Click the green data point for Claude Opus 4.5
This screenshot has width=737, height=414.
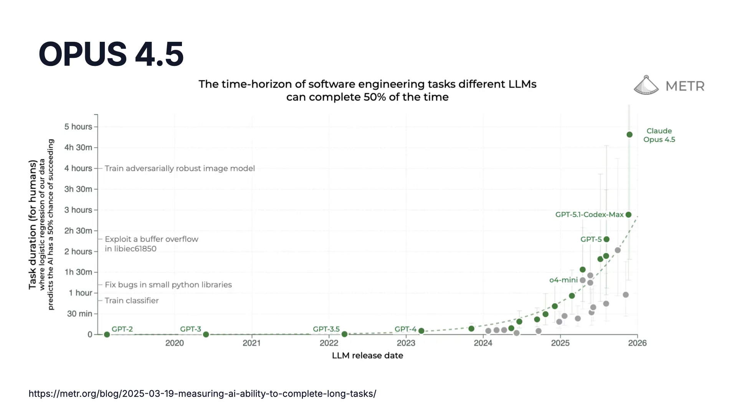pyautogui.click(x=630, y=135)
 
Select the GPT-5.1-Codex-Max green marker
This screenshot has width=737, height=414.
pyautogui.click(x=628, y=215)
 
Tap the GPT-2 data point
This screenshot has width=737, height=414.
pyautogui.click(x=107, y=335)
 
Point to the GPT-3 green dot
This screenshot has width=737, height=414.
pyautogui.click(x=206, y=335)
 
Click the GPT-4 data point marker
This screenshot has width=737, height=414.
pyautogui.click(x=421, y=331)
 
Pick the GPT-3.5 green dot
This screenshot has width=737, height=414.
pyautogui.click(x=344, y=334)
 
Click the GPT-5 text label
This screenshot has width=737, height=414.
pyautogui.click(x=591, y=239)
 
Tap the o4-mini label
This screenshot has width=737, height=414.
pyautogui.click(x=563, y=280)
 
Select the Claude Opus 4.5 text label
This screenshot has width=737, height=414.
pyautogui.click(x=659, y=135)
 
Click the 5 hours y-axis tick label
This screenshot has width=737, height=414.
pyautogui.click(x=78, y=127)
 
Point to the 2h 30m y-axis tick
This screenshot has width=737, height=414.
pyautogui.click(x=78, y=231)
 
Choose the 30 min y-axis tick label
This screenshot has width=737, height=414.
pyautogui.click(x=80, y=314)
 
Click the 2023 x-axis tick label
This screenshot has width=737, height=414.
pyautogui.click(x=406, y=343)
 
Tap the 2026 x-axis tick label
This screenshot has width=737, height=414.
pyautogui.click(x=637, y=343)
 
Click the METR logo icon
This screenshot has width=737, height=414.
pyautogui.click(x=646, y=85)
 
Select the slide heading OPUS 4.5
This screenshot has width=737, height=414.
pyautogui.click(x=111, y=54)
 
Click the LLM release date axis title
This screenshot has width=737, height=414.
pyautogui.click(x=367, y=356)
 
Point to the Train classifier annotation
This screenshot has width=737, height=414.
pyautogui.click(x=132, y=301)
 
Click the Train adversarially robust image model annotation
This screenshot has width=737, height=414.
pyautogui.click(x=180, y=168)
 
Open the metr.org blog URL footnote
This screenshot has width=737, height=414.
pyautogui.click(x=202, y=394)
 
